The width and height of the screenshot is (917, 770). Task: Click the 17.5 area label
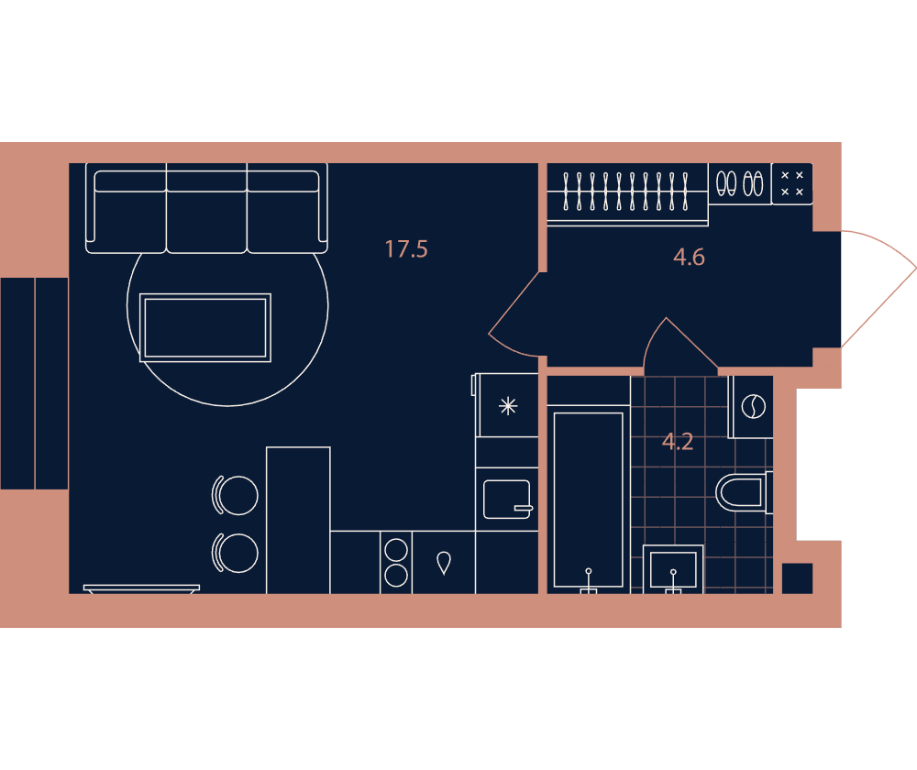[406, 249]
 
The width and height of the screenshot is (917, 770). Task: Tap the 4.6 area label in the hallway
[689, 257]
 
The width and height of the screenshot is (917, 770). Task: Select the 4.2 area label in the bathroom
[678, 442]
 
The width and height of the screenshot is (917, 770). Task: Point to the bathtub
[589, 500]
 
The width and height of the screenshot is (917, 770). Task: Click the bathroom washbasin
[673, 568]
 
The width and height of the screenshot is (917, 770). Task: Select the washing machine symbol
[753, 406]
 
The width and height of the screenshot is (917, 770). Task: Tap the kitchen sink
[507, 500]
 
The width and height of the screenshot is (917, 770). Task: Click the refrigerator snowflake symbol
[508, 406]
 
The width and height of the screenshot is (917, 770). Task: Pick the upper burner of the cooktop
[396, 550]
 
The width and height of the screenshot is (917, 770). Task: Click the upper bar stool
[235, 495]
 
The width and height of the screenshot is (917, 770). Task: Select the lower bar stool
[235, 553]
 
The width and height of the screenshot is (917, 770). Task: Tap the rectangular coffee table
[205, 327]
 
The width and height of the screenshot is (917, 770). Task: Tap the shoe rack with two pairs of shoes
[740, 183]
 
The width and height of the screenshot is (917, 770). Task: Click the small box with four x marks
[792, 183]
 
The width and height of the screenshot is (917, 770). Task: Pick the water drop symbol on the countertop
[444, 563]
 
